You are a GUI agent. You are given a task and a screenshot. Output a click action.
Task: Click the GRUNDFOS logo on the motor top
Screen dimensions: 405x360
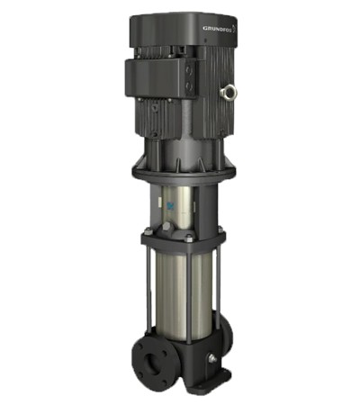point(219,29)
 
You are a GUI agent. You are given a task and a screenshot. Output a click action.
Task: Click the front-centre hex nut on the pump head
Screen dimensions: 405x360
point(190,238)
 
